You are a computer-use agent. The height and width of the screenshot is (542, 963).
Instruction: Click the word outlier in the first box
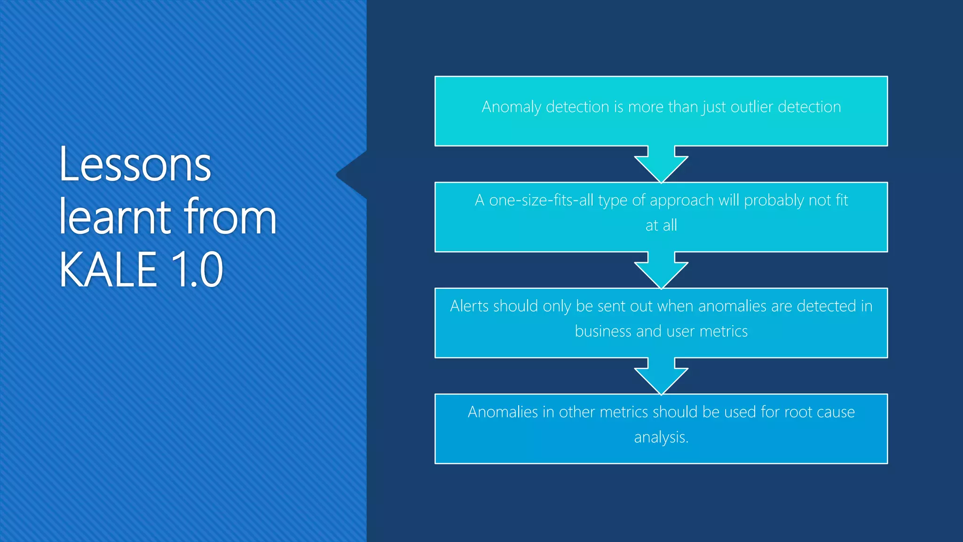point(752,107)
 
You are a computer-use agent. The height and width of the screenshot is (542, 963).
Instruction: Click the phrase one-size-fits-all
point(541,200)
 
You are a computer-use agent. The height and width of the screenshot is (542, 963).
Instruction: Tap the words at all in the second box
point(661,225)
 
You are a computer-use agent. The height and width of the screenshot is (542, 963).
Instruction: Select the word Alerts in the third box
point(470,306)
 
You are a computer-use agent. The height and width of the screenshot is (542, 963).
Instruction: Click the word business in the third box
point(603,331)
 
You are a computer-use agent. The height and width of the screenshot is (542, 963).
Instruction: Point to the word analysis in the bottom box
point(660,438)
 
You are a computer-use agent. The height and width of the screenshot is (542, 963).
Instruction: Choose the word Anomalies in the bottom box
point(503,412)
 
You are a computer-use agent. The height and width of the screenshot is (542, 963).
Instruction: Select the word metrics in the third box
point(723,331)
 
